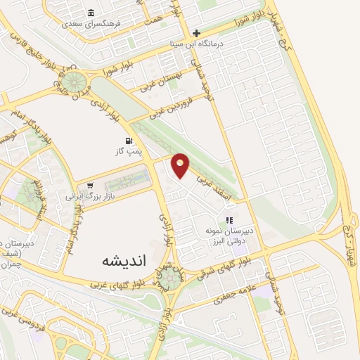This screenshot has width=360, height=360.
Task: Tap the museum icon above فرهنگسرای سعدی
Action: point(91,13)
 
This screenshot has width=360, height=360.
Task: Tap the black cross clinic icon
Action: point(197,33)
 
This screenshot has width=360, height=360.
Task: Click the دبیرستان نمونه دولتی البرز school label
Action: point(228,235)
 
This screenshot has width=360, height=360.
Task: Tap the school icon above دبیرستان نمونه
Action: point(229,220)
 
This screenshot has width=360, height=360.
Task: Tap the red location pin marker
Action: point(181,165)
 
